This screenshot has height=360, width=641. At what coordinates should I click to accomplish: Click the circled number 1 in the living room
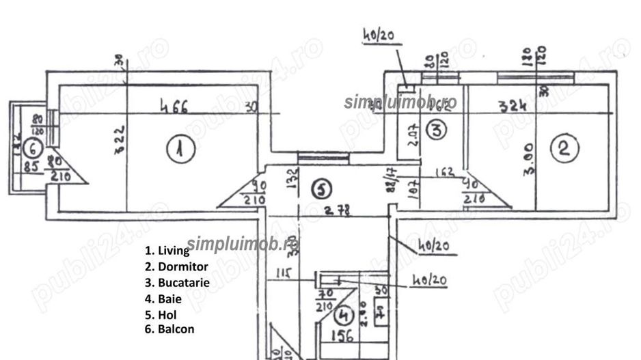178,148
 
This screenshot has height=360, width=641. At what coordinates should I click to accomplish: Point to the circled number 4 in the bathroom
344,315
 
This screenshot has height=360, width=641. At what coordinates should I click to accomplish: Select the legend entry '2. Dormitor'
176,266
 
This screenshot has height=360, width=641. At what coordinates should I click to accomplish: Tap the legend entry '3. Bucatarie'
177,282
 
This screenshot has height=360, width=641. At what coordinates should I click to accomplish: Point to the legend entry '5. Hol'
161,314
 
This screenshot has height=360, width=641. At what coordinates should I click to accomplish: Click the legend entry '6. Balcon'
169,329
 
